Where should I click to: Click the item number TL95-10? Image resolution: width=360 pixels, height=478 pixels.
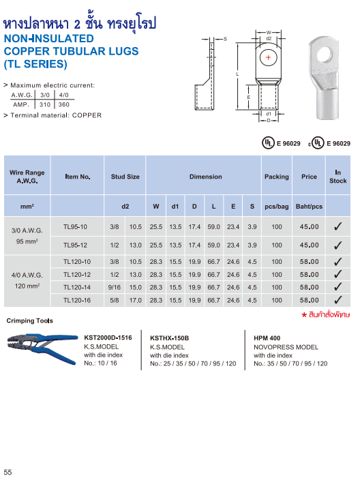(75, 226)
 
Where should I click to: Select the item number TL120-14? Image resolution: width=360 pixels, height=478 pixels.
(76, 287)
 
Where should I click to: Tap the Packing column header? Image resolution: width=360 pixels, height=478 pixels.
(276, 177)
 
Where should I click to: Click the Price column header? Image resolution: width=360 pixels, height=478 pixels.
(309, 177)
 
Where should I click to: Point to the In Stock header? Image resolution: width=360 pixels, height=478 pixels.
(337, 177)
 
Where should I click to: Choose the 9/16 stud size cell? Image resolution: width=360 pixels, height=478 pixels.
(115, 287)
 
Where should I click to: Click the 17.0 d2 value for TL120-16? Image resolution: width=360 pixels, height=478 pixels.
(136, 300)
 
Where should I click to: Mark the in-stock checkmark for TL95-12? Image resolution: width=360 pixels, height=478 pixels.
(337, 245)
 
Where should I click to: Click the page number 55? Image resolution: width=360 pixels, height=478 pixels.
(8, 473)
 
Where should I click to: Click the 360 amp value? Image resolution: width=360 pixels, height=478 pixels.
(64, 104)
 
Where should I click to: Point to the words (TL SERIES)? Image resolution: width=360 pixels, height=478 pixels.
(35, 64)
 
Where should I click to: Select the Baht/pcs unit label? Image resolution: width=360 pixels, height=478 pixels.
(309, 205)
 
